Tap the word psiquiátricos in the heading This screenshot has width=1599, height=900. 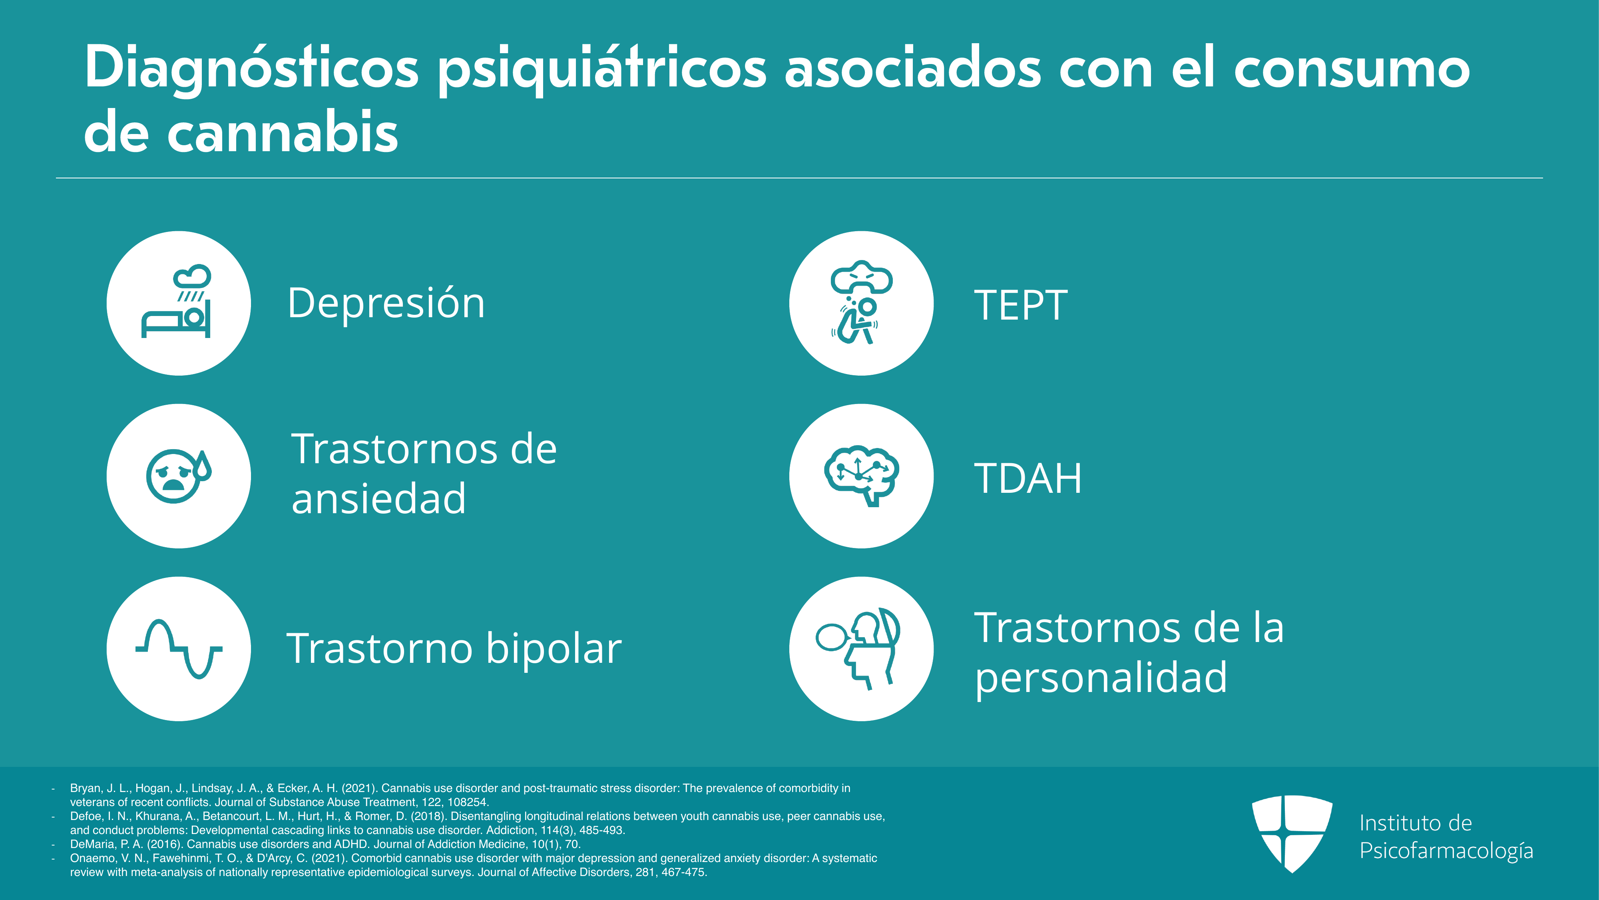click(x=602, y=70)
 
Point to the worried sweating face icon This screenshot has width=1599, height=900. click(x=178, y=476)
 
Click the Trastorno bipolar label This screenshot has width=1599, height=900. click(x=454, y=648)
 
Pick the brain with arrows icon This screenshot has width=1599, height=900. click(x=861, y=476)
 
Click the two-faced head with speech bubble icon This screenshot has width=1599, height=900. click(x=858, y=648)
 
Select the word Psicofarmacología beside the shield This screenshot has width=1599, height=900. click(x=1446, y=851)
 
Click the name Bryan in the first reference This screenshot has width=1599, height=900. click(x=85, y=788)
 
